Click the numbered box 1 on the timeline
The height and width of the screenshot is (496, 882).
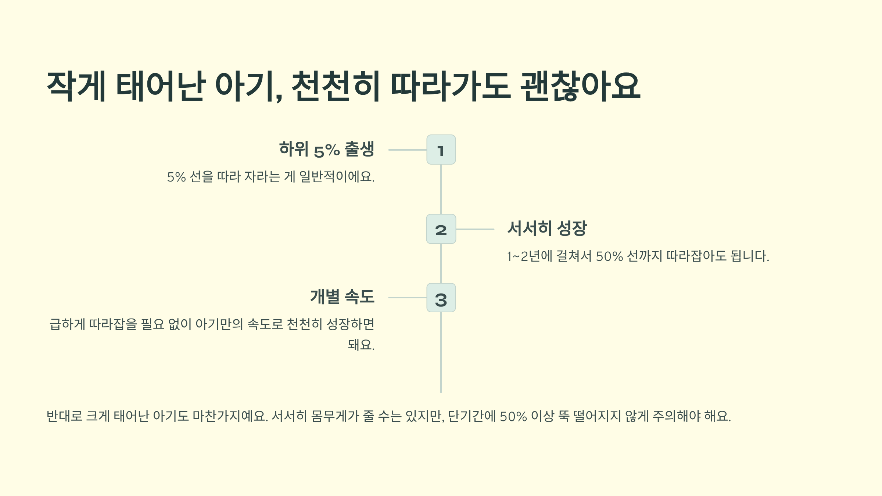point(441,150)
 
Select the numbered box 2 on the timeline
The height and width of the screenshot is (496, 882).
point(441,229)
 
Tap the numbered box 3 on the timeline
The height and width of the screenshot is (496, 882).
point(441,298)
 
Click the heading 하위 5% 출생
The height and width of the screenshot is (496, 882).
point(326,149)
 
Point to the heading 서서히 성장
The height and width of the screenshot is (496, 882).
point(547,228)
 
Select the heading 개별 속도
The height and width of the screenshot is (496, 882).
point(342,296)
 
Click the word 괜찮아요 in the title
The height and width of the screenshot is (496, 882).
point(580,86)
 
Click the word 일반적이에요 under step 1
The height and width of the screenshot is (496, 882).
point(337,177)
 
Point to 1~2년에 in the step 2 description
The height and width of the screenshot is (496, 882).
point(530,256)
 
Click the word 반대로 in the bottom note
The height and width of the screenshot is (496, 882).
point(64,416)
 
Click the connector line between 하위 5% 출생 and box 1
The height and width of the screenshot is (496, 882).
point(407,150)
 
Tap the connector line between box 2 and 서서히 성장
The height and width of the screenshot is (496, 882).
point(475,229)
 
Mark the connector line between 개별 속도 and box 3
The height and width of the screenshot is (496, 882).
point(407,298)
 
